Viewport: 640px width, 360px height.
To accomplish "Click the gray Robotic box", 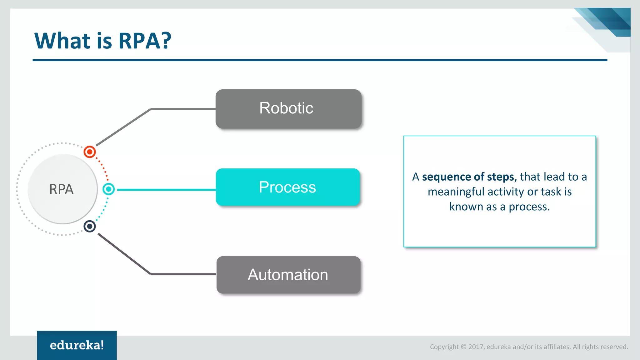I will (x=288, y=109).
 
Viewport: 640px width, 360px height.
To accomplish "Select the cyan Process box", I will (x=287, y=187).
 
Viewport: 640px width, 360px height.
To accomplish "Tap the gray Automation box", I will (x=288, y=275).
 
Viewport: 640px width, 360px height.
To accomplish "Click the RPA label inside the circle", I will (x=61, y=189).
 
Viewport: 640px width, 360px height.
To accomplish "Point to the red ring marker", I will (x=90, y=152).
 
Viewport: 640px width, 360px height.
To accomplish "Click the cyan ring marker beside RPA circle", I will (x=108, y=189).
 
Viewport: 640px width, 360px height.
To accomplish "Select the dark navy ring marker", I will (x=90, y=226).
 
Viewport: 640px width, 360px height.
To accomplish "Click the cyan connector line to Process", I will (x=166, y=190).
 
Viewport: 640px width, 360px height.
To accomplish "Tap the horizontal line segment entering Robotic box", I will (x=183, y=109).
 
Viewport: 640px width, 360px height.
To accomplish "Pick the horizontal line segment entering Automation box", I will (x=183, y=274).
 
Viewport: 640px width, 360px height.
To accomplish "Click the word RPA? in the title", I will (x=145, y=41).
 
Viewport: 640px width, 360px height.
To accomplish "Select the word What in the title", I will (x=62, y=41).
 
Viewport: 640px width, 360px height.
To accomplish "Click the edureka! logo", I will (x=77, y=345).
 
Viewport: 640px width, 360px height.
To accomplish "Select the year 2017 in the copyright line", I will (x=476, y=347).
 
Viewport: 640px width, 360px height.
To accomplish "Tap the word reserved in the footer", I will (x=614, y=347).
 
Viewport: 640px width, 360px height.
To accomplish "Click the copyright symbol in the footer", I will (x=463, y=347).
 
